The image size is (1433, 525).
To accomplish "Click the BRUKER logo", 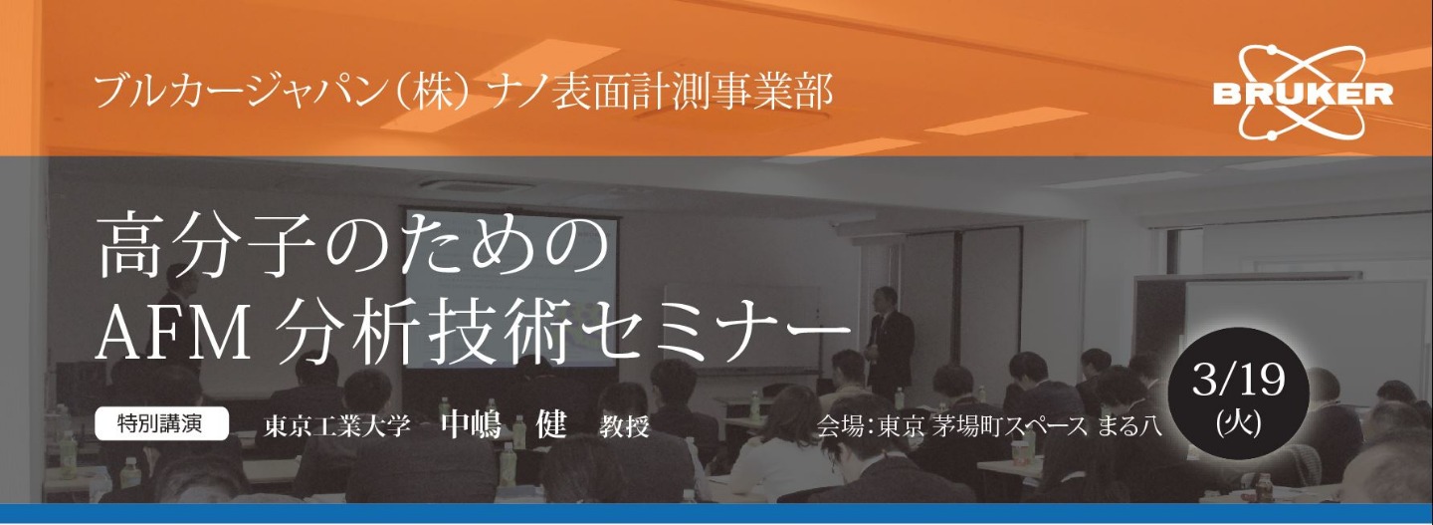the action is tap(1303, 94).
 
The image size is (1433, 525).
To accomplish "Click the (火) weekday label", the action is tap(1239, 423).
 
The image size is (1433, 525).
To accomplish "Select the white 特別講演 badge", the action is tap(161, 423).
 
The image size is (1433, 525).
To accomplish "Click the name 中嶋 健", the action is tap(505, 423).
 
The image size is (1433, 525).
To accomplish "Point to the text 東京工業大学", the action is tap(337, 426).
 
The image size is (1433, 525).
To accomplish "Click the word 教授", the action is tap(624, 426).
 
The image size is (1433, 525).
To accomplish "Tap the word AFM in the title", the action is tap(173, 335).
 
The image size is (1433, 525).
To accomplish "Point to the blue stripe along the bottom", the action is tap(716, 514).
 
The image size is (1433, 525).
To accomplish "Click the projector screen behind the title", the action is tap(510, 288).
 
